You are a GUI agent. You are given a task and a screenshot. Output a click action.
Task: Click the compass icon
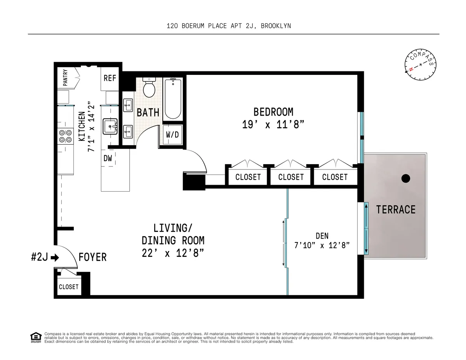420,66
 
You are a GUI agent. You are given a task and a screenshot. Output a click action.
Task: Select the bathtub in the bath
173,99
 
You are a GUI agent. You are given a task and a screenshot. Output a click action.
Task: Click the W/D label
172,135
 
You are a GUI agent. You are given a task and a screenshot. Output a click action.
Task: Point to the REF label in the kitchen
110,78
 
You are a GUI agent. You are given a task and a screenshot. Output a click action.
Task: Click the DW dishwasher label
108,158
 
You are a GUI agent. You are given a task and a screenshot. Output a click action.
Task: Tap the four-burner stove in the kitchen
65,136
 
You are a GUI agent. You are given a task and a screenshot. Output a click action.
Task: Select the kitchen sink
110,126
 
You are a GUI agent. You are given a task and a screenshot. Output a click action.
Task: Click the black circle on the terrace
405,178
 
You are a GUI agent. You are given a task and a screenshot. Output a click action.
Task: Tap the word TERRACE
395,210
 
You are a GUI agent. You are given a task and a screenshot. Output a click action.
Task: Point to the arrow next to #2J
55,257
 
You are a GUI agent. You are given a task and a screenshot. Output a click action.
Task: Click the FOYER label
92,257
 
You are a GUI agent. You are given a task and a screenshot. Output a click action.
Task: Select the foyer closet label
68,287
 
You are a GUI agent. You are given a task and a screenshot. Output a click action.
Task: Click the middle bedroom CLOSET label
291,177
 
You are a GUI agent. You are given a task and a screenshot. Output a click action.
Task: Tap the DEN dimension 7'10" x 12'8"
322,246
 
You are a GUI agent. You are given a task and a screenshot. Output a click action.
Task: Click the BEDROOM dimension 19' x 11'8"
273,125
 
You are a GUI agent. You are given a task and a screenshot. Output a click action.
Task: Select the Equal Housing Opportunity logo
36,337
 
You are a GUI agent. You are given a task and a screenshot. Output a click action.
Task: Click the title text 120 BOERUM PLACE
211,26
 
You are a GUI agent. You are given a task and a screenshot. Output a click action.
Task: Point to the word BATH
148,112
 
